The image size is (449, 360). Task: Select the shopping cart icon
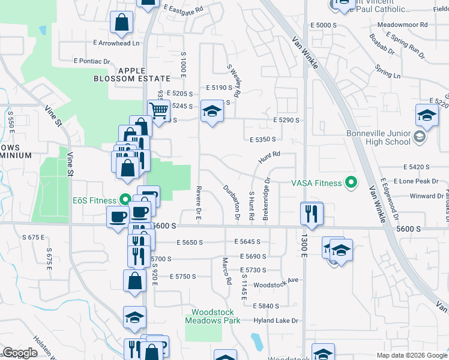pyautogui.click(x=158, y=110)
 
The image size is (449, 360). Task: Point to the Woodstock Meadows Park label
pyautogui.click(x=215, y=316)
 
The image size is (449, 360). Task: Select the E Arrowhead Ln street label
pyautogui.click(x=116, y=43)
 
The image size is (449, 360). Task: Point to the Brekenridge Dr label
pyautogui.click(x=268, y=190)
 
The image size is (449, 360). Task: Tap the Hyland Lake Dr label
pyautogui.click(x=276, y=321)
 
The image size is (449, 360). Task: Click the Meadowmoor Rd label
pyautogui.click(x=402, y=25)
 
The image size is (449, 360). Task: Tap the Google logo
pyautogui.click(x=20, y=353)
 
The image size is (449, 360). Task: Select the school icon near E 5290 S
pyautogui.click(x=211, y=112)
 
